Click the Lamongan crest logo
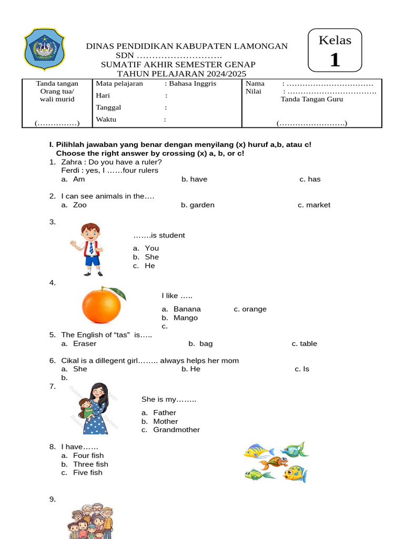tap(45, 49)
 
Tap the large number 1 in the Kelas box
tap(335, 60)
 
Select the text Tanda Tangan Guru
tap(311, 99)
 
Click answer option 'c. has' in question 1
tap(310, 179)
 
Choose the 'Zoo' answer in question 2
tap(80, 205)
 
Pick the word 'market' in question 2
tap(318, 205)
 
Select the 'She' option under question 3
tap(151, 257)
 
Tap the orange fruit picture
tap(102, 306)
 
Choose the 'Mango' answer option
tap(185, 318)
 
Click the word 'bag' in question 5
tap(206, 344)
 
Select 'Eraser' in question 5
tap(85, 344)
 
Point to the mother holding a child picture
tap(94, 408)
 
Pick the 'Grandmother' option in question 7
tap(176, 430)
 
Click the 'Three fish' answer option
tap(90, 464)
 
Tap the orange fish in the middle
tap(274, 463)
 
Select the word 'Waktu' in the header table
tap(106, 119)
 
